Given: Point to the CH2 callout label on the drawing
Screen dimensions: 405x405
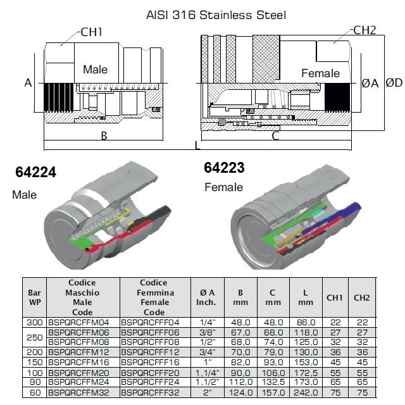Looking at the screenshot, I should pos(366,30).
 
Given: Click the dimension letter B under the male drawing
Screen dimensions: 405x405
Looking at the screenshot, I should pos(104,136).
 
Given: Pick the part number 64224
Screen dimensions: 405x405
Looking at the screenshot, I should pos(35,172).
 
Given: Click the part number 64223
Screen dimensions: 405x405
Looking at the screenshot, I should pos(224,168).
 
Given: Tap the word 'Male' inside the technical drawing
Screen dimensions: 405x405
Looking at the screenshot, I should pos(96,70).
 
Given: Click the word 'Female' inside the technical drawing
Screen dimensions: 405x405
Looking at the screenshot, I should pos(320,73).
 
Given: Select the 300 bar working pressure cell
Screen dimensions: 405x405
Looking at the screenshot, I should pos(34,322).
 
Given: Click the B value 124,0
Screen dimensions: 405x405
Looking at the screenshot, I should pos(241,393).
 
